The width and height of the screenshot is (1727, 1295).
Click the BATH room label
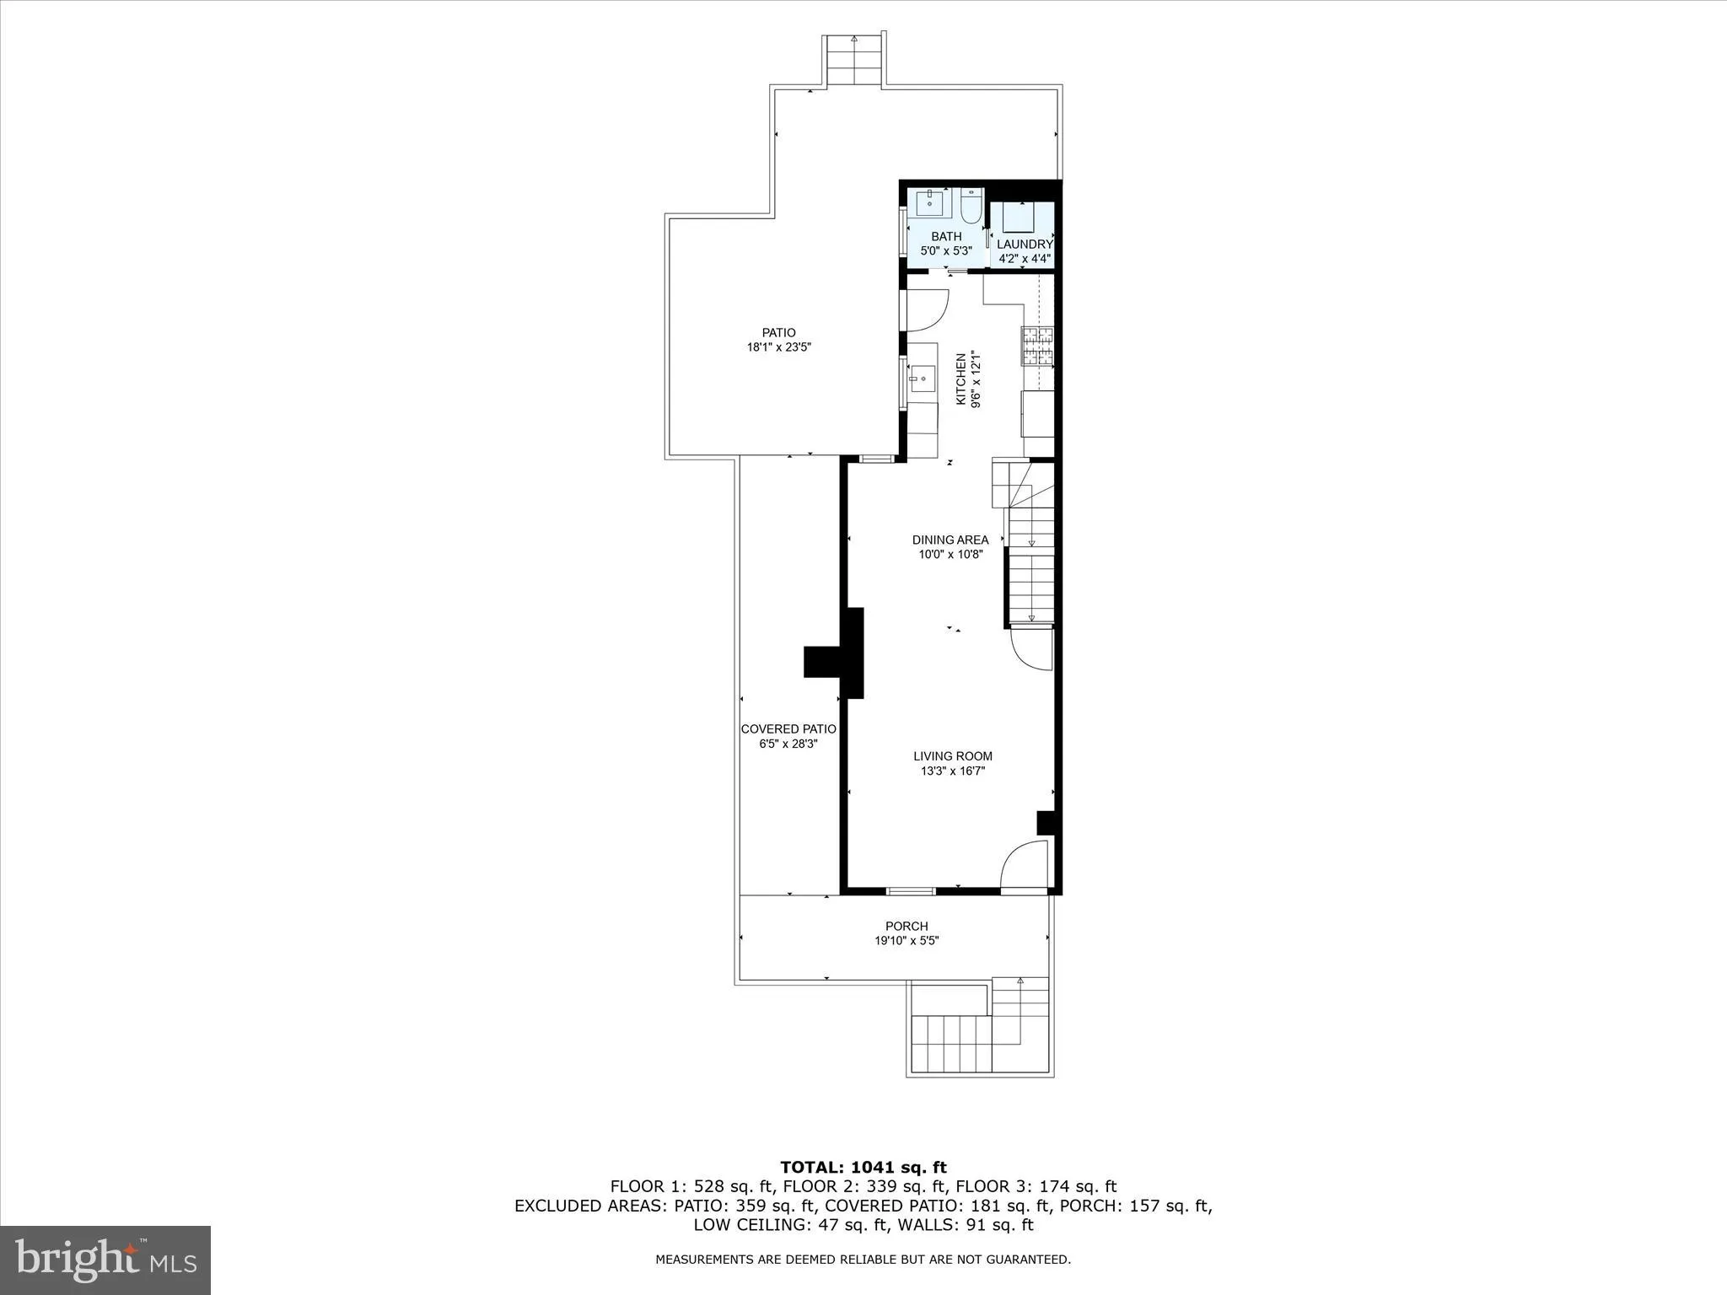click(x=946, y=237)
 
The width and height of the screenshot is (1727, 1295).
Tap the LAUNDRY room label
click(x=1025, y=244)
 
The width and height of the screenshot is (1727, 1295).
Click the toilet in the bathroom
click(x=971, y=205)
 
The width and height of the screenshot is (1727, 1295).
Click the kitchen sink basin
click(x=921, y=379)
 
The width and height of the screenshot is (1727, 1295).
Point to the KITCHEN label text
click(x=960, y=379)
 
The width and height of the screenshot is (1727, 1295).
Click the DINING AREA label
click(x=950, y=540)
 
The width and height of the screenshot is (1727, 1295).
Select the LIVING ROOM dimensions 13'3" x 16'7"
click(x=953, y=771)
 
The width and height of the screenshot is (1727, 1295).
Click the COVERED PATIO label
click(x=788, y=729)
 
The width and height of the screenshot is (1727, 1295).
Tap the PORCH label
click(x=907, y=926)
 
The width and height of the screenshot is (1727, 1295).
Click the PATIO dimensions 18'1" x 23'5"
click(x=778, y=347)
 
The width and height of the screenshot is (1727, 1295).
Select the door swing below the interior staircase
click(x=1031, y=648)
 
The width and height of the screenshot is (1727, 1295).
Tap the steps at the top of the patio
click(x=855, y=61)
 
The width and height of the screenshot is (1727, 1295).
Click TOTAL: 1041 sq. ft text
click(x=863, y=1167)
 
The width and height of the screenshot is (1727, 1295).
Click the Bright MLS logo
click(x=105, y=1260)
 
